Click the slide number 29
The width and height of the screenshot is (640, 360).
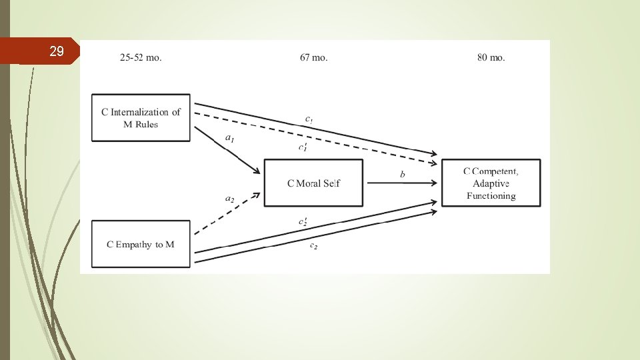[57, 51]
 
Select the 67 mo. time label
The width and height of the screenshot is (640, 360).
[313, 57]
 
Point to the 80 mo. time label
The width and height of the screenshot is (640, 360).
[491, 57]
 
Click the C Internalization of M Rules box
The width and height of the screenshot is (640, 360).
[141, 118]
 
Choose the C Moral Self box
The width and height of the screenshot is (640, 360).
[313, 183]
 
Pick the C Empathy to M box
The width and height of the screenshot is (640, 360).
[141, 245]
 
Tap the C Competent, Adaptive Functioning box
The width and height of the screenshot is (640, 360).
[491, 183]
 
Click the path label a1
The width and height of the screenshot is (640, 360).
[229, 140]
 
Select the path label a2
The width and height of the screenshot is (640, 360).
[229, 198]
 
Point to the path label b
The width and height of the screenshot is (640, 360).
[402, 174]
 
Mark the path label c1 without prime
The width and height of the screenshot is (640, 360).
[309, 119]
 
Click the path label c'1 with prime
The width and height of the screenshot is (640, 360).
[303, 147]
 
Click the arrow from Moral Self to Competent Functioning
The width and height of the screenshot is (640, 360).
[401, 183]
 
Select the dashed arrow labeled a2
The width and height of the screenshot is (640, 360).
[227, 213]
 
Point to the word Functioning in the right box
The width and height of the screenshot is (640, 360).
[491, 196]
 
